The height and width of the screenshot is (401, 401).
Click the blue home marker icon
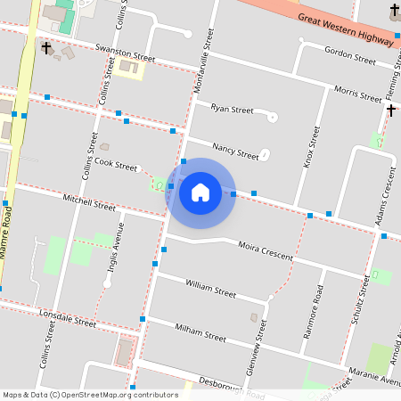[200, 192]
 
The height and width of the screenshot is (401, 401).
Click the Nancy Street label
[235, 150]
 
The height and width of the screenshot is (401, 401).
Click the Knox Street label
[313, 147]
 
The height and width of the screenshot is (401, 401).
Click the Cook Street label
[117, 165]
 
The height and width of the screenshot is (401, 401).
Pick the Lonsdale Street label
[68, 317]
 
